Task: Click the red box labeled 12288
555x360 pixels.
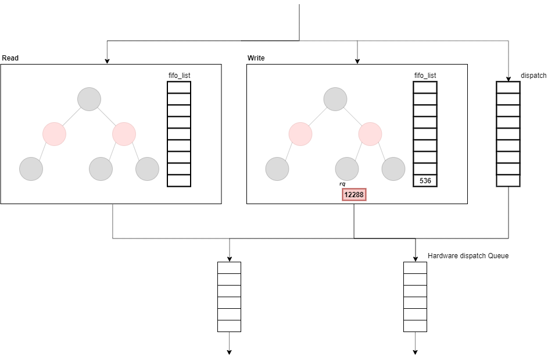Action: click(354, 194)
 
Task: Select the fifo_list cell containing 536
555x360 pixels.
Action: click(425, 181)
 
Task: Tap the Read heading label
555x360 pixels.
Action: click(10, 58)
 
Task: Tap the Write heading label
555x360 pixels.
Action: click(256, 58)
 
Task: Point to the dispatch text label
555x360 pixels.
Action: click(534, 76)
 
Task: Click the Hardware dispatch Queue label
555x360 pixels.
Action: click(468, 256)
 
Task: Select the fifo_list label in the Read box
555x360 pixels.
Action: click(179, 76)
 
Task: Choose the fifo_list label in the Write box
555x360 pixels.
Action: click(425, 76)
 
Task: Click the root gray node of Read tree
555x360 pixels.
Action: click(89, 99)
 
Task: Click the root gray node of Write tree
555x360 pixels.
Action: click(335, 99)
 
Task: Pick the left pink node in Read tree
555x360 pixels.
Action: click(54, 134)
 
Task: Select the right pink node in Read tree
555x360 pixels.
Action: click(124, 134)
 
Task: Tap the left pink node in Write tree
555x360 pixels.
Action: click(300, 134)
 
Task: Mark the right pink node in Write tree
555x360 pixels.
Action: click(370, 134)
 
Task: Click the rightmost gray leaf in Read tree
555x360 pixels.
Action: click(147, 169)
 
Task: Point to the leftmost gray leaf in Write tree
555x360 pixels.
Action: click(277, 169)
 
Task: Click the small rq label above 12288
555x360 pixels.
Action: click(342, 184)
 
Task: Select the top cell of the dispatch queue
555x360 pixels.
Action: click(507, 87)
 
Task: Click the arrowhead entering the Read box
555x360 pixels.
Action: click(106, 61)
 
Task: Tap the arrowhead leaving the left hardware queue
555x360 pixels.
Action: click(229, 351)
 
